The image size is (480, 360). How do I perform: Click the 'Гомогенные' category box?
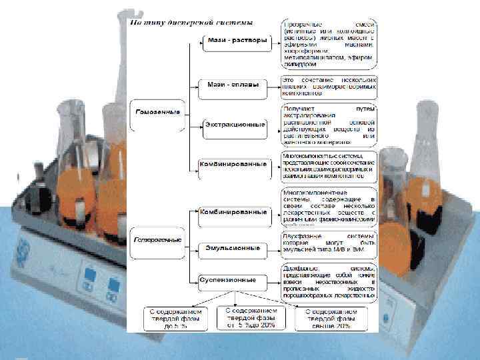157,111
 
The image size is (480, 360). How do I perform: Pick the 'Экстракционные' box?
235,125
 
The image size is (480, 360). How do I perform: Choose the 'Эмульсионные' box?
235,247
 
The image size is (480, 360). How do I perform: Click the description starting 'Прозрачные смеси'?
328,44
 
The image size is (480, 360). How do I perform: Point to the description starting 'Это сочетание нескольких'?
328,85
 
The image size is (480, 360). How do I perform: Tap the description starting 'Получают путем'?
328,124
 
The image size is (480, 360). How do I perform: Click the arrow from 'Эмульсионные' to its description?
275,247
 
